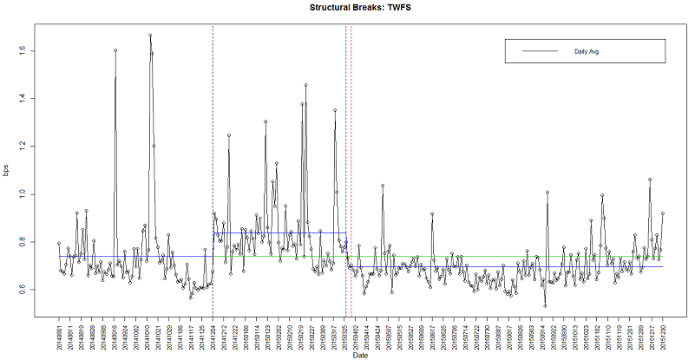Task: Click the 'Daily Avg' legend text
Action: [588, 51]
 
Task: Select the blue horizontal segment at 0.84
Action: [278, 232]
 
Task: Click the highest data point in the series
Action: [150, 36]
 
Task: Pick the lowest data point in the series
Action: [545, 305]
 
